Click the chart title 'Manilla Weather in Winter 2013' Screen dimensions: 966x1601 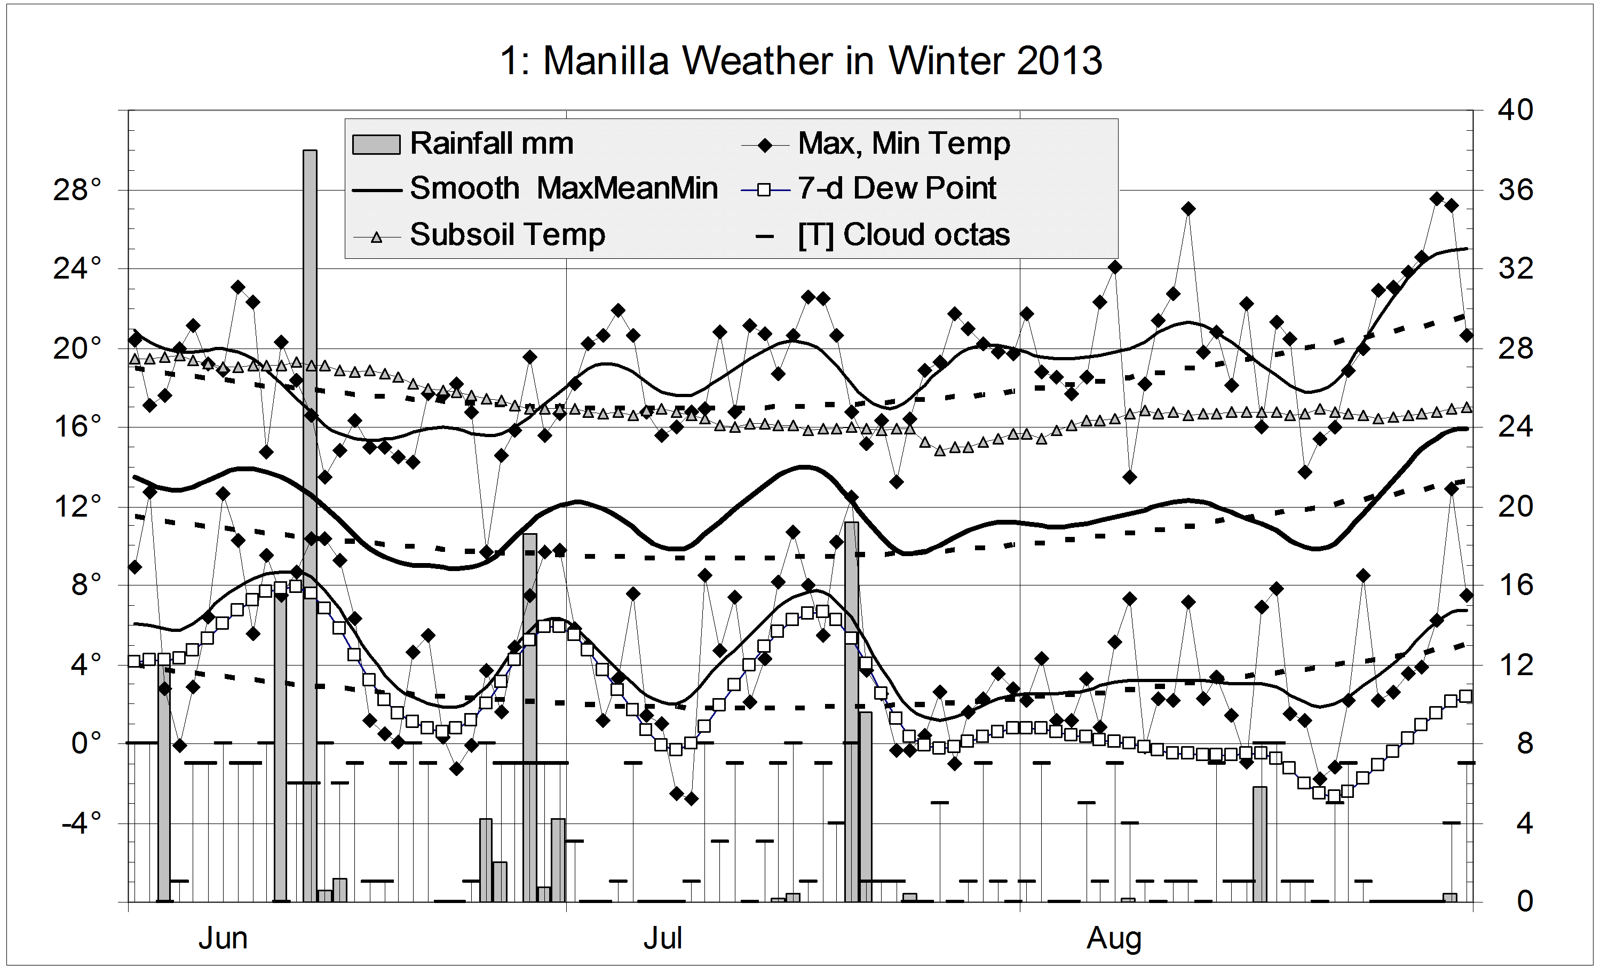tap(800, 61)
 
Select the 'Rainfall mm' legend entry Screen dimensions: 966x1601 tap(491, 144)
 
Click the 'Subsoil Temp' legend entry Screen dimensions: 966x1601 tap(507, 234)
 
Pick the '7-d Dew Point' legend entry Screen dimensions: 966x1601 tap(897, 188)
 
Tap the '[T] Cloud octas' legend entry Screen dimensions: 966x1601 tap(903, 234)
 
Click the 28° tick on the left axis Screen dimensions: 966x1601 tap(77, 191)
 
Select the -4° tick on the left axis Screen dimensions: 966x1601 tap(81, 824)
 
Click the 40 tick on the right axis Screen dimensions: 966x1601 tap(1516, 110)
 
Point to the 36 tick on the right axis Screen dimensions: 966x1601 tap(1516, 191)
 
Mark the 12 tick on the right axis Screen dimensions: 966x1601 tap(1516, 664)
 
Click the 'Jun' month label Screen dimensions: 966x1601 tap(223, 939)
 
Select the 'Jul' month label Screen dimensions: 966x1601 tap(663, 939)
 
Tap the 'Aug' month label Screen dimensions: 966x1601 tap(1114, 939)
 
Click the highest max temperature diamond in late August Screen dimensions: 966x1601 tap(1437, 199)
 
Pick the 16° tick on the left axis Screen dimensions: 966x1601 tap(77, 427)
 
